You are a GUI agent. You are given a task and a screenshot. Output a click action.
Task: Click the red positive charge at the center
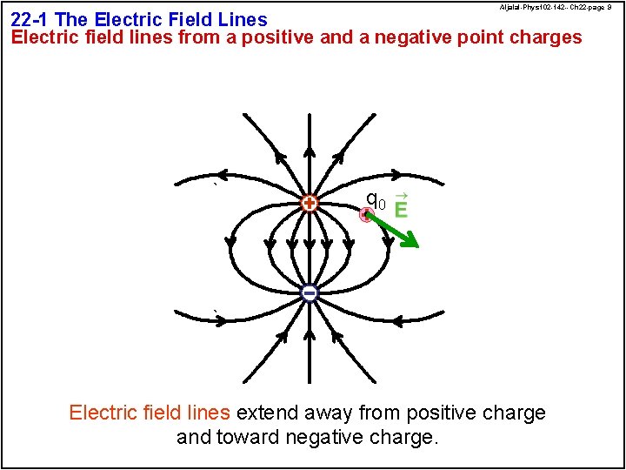click(309, 204)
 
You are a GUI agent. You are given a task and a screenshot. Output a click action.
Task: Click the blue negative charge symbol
click(310, 293)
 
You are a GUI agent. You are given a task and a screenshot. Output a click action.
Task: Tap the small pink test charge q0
click(367, 215)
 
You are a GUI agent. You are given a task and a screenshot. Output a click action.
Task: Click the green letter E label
click(401, 210)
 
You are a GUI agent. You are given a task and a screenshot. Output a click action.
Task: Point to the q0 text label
click(376, 201)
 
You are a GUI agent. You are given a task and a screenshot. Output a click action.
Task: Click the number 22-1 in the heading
click(30, 19)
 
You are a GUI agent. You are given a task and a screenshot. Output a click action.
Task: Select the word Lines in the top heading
click(241, 19)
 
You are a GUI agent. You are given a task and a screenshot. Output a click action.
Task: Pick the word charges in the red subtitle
click(545, 37)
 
